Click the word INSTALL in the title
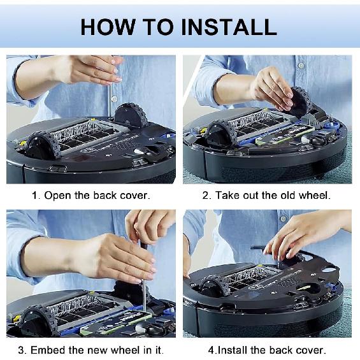(229, 27)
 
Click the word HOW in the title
(108, 27)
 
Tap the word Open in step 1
(57, 196)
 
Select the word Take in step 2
(227, 196)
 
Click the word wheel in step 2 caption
(314, 196)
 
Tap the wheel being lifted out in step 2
(299, 101)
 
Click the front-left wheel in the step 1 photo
(43, 146)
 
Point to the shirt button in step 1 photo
(114, 99)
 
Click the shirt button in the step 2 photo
(301, 66)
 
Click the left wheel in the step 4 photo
(216, 287)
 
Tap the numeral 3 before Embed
(22, 350)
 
